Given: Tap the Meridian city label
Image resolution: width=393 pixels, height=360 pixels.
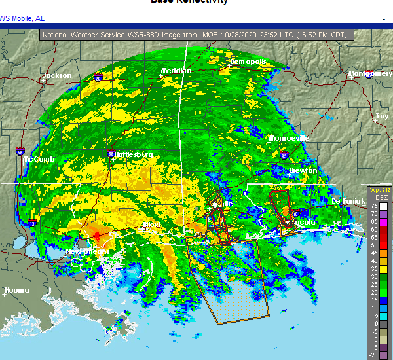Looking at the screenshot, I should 176,71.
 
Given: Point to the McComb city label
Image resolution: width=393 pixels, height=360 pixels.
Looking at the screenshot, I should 39,159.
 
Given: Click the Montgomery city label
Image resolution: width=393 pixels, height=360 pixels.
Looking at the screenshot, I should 370,74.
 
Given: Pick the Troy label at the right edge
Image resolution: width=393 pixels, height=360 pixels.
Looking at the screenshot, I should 381,116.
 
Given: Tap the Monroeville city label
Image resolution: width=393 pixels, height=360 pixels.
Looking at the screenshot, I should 288,138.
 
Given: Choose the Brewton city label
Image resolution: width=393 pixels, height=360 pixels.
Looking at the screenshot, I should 303,170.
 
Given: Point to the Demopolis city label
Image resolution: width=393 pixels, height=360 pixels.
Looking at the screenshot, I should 248,62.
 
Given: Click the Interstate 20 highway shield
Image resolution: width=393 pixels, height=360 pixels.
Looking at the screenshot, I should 98,79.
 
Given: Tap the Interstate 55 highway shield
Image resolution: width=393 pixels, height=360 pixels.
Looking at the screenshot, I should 21,151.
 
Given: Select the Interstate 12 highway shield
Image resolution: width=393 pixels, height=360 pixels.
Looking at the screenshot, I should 31,224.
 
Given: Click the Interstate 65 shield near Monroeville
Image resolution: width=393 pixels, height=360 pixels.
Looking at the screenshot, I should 284,156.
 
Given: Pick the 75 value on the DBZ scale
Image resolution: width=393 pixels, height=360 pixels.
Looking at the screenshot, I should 373,205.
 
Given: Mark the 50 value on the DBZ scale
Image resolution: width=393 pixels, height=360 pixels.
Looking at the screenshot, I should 373,245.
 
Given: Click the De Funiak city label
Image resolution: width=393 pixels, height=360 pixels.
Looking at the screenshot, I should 348,200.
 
